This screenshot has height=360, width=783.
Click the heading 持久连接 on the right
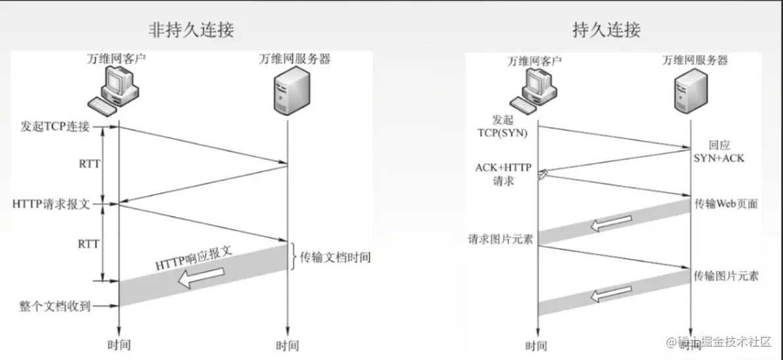point(606,30)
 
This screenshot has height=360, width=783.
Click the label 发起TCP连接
point(55,127)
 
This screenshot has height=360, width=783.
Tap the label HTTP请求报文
point(51,205)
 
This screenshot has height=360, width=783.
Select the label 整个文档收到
point(55,306)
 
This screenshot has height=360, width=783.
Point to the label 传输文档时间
point(335,257)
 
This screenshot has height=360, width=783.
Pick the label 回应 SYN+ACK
point(719,151)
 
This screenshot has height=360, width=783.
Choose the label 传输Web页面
point(726,204)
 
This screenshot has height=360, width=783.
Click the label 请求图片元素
point(500,239)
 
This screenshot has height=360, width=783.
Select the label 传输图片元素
point(726,276)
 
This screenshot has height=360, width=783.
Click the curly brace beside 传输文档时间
point(293,257)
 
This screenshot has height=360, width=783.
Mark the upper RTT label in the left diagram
point(89,163)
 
